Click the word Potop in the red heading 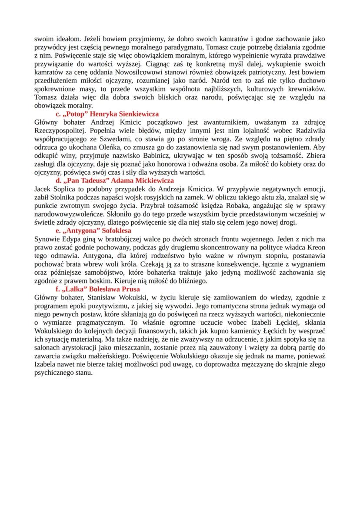(73, 114)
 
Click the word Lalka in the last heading (72, 289)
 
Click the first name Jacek (43, 189)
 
